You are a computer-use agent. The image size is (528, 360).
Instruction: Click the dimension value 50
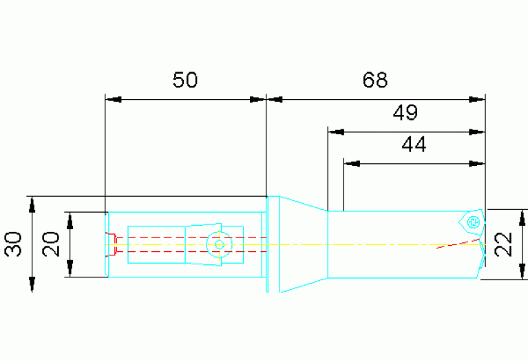[x=185, y=80]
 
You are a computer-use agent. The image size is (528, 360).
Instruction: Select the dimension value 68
[x=374, y=80]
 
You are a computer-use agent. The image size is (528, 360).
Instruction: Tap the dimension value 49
[x=405, y=112]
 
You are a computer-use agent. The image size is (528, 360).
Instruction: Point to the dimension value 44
[x=414, y=145]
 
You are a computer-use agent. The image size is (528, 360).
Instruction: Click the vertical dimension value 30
[x=14, y=244]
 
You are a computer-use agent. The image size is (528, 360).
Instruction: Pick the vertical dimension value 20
[x=51, y=244]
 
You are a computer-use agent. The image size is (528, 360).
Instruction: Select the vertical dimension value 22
[x=504, y=244]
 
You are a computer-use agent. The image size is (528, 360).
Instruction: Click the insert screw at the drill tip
[x=474, y=222]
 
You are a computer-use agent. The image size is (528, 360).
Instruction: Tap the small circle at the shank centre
[x=219, y=244]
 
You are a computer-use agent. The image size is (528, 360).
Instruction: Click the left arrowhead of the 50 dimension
[x=113, y=100]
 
